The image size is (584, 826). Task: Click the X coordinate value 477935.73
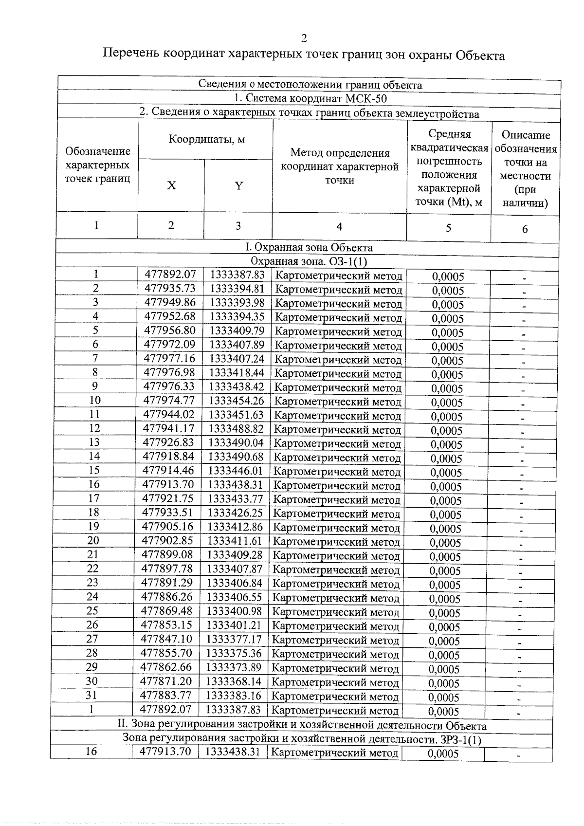coord(170,289)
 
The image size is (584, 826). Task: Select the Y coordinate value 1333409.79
coord(237,331)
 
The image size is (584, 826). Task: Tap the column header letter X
coord(171,185)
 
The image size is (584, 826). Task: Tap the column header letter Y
coord(238,185)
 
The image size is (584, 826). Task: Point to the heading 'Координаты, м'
coord(206,140)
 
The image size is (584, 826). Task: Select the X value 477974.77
coord(169,401)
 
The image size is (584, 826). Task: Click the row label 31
coord(91,695)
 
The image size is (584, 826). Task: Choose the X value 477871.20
coord(166,681)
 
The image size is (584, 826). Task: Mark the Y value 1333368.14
coord(234,681)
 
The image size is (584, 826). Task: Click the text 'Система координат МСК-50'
coord(310,99)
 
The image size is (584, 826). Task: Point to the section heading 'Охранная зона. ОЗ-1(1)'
coord(309,261)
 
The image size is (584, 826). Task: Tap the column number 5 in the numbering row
coord(448,227)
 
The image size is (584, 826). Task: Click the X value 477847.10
coord(166,639)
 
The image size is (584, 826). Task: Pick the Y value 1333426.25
coord(236,513)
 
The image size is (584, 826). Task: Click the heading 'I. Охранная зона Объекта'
coord(309,247)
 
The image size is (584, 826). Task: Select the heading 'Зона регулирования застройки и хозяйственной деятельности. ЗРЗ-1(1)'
coord(301,740)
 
